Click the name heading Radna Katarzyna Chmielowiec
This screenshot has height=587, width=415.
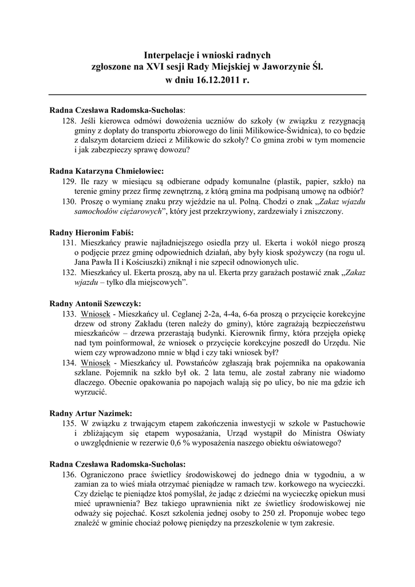pyautogui.click(x=106, y=171)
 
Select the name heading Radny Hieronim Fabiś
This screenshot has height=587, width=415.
pyautogui.click(x=92, y=232)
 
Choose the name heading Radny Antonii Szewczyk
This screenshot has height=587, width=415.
pyautogui.click(x=95, y=303)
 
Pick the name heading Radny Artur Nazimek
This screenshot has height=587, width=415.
pyautogui.click(x=91, y=413)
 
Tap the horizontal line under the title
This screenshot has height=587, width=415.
pyautogui.click(x=207, y=95)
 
